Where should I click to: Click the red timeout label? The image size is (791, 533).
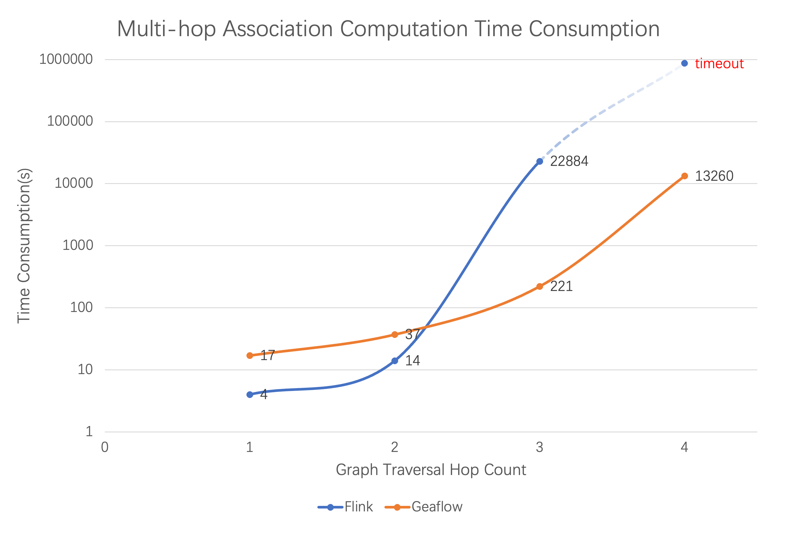(719, 64)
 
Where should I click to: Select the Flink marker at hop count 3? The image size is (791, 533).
(540, 161)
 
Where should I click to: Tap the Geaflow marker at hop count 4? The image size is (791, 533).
(684, 176)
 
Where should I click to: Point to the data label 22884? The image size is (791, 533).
(569, 161)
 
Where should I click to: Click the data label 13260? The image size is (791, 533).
(714, 176)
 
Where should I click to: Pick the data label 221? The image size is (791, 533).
(561, 286)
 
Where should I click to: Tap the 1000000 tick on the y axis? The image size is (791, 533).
(66, 59)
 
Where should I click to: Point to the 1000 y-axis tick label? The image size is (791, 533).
(78, 245)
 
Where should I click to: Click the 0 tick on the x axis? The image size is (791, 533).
(105, 447)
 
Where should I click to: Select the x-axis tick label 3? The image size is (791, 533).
(540, 447)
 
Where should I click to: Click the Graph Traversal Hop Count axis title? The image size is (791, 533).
(431, 470)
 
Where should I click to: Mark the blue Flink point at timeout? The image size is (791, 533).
(684, 63)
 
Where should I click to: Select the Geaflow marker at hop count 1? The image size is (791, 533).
(249, 355)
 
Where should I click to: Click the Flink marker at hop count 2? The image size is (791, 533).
(394, 361)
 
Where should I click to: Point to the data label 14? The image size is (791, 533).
(412, 361)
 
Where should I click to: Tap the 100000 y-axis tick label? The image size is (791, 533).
(70, 121)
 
